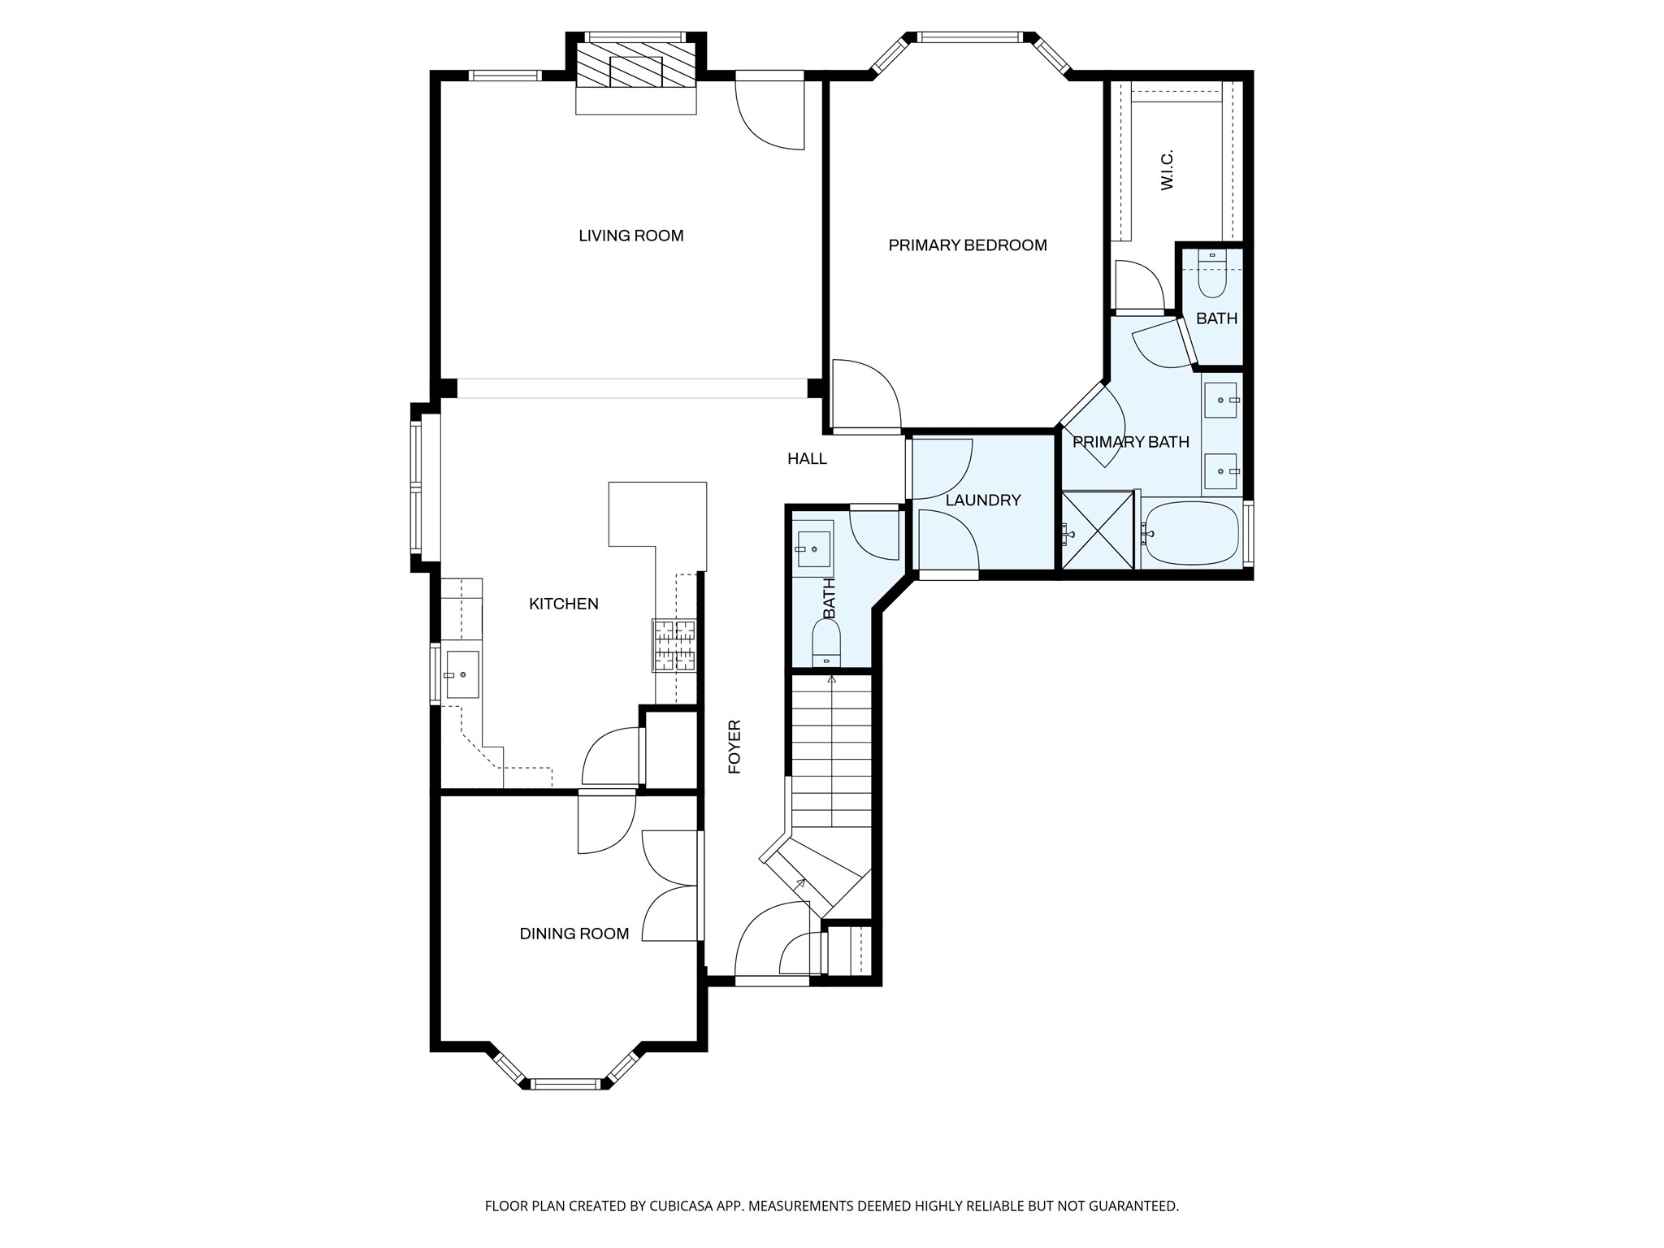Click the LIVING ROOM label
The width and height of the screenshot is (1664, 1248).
(631, 236)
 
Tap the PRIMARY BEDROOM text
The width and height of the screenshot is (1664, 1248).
(968, 245)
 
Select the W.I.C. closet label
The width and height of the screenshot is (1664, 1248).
(1168, 171)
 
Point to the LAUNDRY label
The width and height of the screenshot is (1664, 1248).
(983, 500)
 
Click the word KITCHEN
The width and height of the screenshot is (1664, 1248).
(564, 604)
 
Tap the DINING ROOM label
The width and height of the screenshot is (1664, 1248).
(574, 934)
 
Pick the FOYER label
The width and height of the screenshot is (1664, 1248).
(734, 747)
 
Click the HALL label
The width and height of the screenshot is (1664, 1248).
(808, 459)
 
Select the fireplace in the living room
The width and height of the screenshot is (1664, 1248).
(636, 64)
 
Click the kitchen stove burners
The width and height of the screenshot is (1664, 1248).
(674, 645)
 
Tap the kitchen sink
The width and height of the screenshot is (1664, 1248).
(461, 674)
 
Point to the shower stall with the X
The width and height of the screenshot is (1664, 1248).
(1098, 530)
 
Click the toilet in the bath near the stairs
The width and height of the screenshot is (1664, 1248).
(827, 643)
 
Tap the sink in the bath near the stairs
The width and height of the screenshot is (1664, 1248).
(812, 549)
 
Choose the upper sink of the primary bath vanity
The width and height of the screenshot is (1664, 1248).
(1220, 400)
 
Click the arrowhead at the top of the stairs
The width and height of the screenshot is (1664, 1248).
(831, 679)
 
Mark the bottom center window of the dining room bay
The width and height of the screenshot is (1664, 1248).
(565, 1083)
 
